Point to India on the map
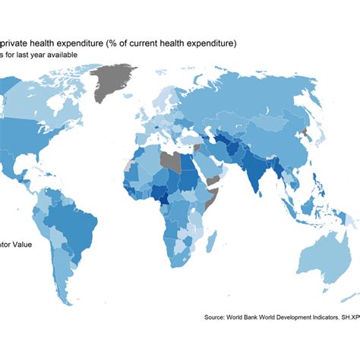257,176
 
